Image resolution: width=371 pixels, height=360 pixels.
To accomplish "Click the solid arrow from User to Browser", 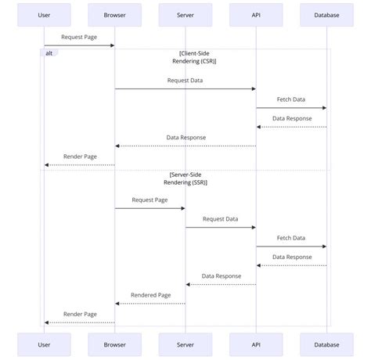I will (79, 45).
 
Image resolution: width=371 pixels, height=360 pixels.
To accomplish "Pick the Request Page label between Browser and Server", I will (149, 200).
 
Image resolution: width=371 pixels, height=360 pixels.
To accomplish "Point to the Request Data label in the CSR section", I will (185, 80).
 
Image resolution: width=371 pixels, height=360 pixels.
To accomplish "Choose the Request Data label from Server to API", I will (220, 218).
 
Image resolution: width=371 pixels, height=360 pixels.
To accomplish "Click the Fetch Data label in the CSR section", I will (291, 99).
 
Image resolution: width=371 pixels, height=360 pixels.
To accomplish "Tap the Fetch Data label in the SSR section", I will (291, 238).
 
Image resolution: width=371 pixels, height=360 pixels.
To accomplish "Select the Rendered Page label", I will (150, 295).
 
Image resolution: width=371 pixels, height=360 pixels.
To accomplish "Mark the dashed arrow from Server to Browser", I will (150, 304).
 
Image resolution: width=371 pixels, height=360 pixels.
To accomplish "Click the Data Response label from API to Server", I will (221, 275).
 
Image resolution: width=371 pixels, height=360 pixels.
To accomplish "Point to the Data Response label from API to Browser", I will (185, 137).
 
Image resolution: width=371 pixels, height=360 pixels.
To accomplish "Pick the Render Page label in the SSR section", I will (80, 314).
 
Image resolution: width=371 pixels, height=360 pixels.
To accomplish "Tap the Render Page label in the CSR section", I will (80, 157).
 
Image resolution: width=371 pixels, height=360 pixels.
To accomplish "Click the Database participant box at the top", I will (326, 15).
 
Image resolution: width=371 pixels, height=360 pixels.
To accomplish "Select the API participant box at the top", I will (256, 15).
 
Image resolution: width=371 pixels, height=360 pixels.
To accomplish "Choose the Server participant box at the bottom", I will (185, 344).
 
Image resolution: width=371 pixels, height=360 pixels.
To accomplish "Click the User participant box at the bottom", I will (44, 344).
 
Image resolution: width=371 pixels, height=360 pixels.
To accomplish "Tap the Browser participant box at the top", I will (115, 15).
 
